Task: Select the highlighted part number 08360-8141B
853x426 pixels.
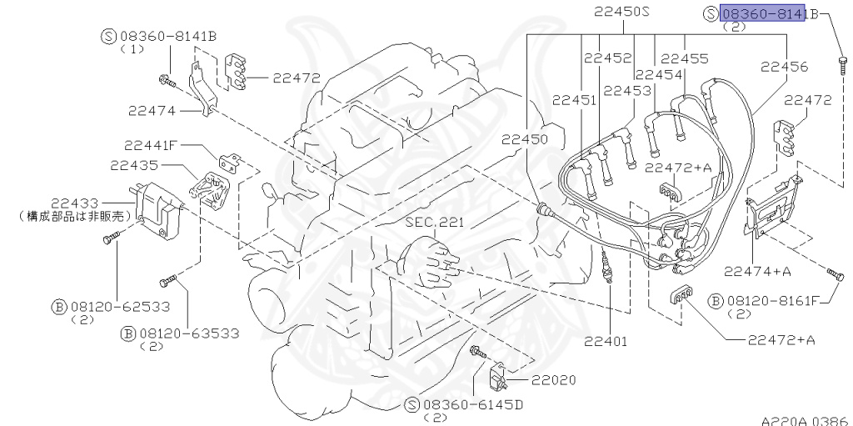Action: pos(764,13)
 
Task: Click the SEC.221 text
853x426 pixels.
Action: pos(434,223)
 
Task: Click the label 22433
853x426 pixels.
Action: pos(74,203)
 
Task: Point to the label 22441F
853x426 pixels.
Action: pos(152,144)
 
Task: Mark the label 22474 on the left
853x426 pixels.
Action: pos(156,109)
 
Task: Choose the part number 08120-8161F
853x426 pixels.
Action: pos(775,300)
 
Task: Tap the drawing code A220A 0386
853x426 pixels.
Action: pos(804,420)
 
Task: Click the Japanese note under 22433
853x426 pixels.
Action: pos(76,215)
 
